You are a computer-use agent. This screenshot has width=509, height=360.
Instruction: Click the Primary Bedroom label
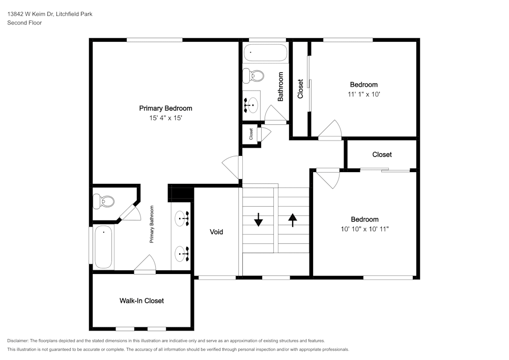click(165, 108)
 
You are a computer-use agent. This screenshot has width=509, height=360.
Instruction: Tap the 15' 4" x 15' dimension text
click(165, 118)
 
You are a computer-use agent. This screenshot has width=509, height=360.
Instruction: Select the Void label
click(216, 232)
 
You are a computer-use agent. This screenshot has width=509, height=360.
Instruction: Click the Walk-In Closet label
click(142, 301)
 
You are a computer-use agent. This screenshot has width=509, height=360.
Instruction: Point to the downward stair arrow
click(259, 219)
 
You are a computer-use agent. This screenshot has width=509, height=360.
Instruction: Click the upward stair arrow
click(293, 220)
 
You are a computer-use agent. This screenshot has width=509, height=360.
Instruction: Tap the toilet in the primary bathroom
click(103, 201)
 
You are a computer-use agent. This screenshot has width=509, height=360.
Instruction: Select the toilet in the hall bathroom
click(253, 76)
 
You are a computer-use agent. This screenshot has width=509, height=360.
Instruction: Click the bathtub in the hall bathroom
click(265, 52)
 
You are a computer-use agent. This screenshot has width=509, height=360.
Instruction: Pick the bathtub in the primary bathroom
click(103, 247)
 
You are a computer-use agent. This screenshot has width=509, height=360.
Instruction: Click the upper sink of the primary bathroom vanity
click(182, 218)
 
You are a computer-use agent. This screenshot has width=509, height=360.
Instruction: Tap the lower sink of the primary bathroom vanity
click(182, 254)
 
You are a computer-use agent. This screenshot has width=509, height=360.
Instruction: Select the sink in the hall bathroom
click(251, 105)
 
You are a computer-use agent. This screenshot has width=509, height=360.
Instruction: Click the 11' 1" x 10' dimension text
click(364, 95)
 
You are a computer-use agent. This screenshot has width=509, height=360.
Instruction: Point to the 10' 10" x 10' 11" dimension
click(364, 229)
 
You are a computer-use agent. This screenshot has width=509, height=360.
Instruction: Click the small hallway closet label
click(251, 134)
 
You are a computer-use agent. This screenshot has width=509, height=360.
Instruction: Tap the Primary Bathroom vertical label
click(152, 225)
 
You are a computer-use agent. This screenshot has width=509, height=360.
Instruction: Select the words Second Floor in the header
click(24, 23)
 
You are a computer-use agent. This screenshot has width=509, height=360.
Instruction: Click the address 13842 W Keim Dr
click(31, 14)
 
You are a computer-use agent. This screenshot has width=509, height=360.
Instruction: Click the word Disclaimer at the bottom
click(18, 341)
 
